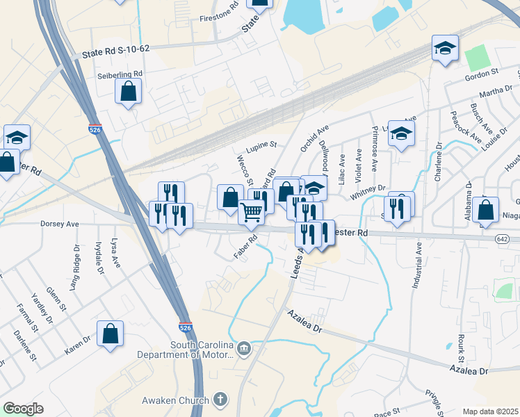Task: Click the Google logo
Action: pyautogui.click(x=23, y=409)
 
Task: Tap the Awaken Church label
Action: pyautogui.click(x=175, y=400)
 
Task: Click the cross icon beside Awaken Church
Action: pyautogui.click(x=220, y=400)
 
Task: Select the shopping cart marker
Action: pyautogui.click(x=251, y=211)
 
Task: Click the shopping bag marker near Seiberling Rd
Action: pyautogui.click(x=129, y=91)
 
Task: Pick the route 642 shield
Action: pyautogui.click(x=502, y=238)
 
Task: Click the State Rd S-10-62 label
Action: pyautogui.click(x=115, y=52)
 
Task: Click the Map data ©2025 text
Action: pyautogui.click(x=490, y=411)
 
